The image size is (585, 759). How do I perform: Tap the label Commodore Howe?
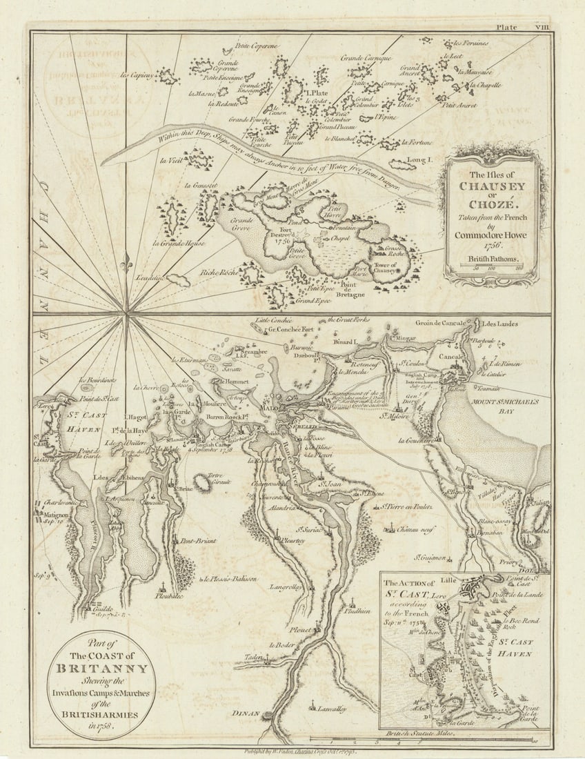coord(491,234)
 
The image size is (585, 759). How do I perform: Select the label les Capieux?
coord(136,75)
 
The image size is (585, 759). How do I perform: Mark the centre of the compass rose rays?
coord(127,316)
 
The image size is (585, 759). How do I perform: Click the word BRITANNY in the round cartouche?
coord(102,668)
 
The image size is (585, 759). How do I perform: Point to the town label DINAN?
coord(246,714)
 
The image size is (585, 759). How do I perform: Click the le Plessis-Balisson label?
coord(230,578)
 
